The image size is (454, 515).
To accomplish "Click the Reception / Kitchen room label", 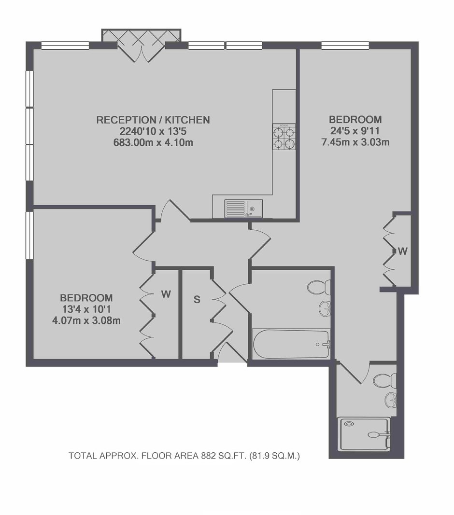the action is pos(153,120).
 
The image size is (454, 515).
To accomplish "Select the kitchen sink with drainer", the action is pos(243,209).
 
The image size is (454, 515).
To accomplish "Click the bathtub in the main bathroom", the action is pos(291,344).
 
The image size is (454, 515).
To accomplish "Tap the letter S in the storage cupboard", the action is pos(197,300).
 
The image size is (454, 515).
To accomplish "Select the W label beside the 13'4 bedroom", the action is pos(166,294).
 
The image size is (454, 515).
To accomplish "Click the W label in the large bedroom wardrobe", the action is pos(403,251).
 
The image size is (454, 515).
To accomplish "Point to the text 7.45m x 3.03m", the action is pos(355,142).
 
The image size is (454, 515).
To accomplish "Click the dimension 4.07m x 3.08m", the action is pos(86,320).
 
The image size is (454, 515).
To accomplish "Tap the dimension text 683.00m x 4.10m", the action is pos(153,143).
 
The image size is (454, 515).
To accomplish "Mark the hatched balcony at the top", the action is pos(142,35).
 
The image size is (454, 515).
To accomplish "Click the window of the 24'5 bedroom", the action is pos(345,45).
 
